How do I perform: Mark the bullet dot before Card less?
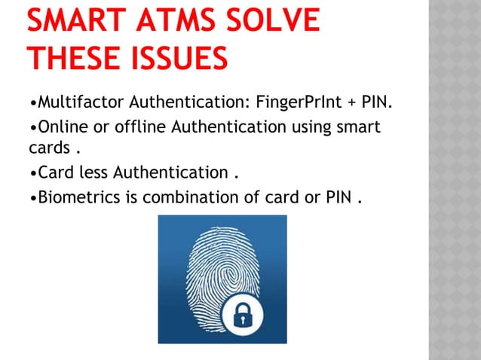coord(32,174)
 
